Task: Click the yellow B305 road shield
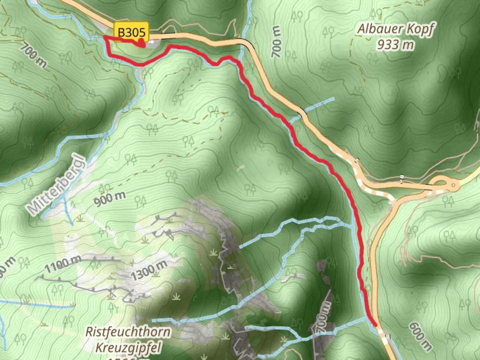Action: click(132, 32)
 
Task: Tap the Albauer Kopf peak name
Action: click(396, 29)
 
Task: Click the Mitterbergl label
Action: click(57, 185)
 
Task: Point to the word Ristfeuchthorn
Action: click(128, 332)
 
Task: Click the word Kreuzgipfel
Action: click(128, 347)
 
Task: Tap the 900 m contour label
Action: click(110, 199)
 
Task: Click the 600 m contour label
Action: click(420, 336)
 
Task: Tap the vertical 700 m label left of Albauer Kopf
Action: click(277, 42)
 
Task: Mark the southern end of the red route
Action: click(376, 325)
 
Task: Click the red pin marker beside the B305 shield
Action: click(142, 42)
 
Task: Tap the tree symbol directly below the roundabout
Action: click(448, 200)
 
